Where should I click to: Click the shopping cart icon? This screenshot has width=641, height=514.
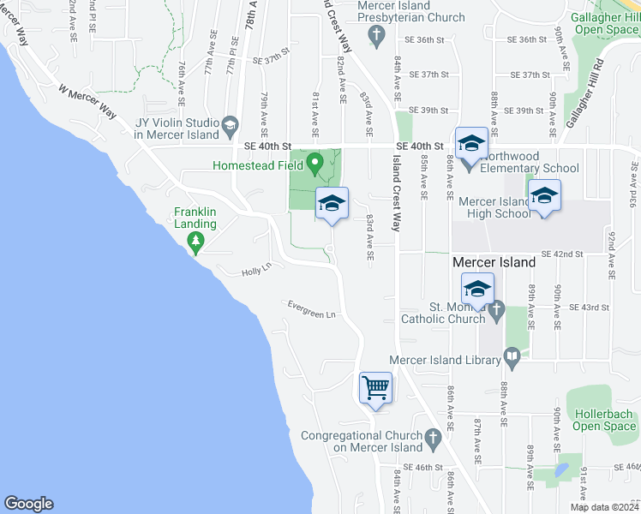pyautogui.click(x=375, y=387)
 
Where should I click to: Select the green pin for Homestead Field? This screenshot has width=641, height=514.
pyautogui.click(x=315, y=160)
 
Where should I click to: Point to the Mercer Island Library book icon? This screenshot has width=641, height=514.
pyautogui.click(x=512, y=355)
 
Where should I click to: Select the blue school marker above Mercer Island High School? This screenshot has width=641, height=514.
pyautogui.click(x=544, y=195)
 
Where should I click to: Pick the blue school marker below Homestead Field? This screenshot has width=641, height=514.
pyautogui.click(x=332, y=203)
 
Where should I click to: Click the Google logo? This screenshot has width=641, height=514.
pyautogui.click(x=28, y=504)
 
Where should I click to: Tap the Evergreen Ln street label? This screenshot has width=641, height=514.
pyautogui.click(x=310, y=309)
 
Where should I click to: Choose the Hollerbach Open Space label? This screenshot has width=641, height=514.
pyautogui.click(x=604, y=420)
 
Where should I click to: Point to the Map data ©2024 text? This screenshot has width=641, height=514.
pyautogui.click(x=603, y=506)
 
